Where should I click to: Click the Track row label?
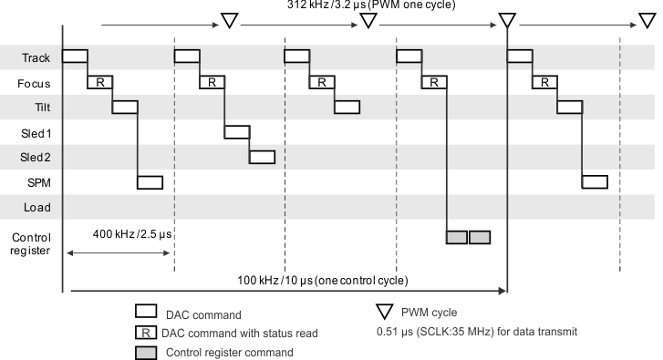click(x=36, y=57)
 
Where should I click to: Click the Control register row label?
click(x=30, y=243)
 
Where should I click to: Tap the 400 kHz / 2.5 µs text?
click(x=132, y=234)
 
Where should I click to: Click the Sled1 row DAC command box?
click(x=237, y=132)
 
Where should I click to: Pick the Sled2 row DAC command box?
click(x=262, y=157)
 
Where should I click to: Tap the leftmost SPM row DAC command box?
click(x=150, y=182)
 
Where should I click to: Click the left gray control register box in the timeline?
click(x=457, y=237)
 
